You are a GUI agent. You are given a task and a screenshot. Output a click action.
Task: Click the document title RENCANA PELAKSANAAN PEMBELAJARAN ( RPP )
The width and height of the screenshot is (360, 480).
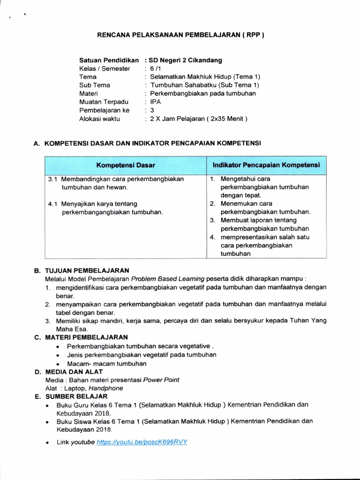180,35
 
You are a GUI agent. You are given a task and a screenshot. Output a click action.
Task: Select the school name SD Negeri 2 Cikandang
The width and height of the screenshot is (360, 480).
185,60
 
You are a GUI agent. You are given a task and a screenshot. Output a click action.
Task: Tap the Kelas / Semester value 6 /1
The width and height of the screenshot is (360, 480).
155,68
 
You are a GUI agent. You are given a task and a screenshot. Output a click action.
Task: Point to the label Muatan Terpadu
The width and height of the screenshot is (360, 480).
104,102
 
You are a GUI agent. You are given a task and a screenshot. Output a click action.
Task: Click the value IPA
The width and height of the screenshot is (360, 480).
155,102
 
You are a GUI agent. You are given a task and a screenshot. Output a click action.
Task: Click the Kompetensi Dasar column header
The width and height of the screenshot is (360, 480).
126,165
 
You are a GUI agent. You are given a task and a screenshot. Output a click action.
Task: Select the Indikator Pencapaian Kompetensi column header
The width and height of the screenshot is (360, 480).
266,165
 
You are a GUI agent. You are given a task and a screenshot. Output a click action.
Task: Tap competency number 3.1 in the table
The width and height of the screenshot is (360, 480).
53,179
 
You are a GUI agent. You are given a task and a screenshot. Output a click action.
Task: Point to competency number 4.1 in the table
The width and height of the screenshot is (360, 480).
53,204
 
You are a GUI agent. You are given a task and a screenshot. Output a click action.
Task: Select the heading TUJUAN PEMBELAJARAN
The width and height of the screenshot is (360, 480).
87,270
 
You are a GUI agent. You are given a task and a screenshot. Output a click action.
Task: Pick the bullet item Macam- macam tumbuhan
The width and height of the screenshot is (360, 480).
107,363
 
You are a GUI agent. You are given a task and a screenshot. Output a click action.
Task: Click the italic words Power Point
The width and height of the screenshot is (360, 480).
161,380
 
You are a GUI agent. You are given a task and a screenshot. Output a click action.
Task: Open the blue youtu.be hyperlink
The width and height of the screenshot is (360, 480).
142,442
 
